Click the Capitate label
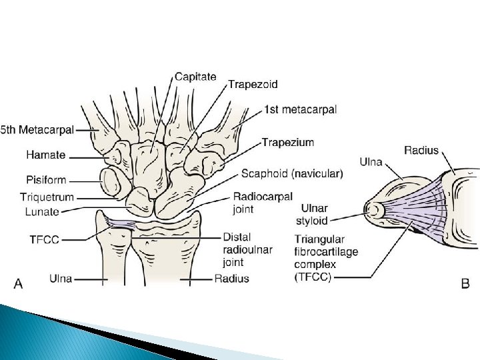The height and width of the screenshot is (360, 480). [195, 77]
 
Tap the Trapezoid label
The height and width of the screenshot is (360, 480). [253, 85]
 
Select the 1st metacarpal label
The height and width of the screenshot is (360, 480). [300, 109]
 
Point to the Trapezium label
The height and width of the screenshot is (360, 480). [287, 142]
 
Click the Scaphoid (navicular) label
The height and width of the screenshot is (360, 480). [292, 173]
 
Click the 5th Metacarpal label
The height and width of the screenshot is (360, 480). [37, 129]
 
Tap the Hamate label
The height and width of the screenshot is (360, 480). [46, 155]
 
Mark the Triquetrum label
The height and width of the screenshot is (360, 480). [47, 197]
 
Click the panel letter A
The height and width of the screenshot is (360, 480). [19, 283]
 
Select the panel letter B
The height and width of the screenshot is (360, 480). [465, 283]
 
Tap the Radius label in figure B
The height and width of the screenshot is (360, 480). [421, 150]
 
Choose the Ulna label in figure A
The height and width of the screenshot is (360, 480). [61, 277]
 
